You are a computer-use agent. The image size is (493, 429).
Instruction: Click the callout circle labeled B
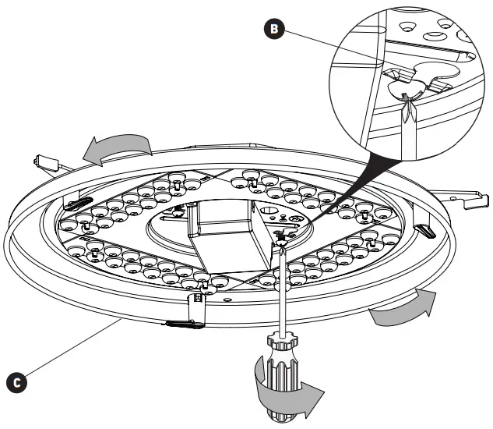[x=273, y=30]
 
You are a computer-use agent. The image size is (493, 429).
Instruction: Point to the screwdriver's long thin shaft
[x=282, y=289]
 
